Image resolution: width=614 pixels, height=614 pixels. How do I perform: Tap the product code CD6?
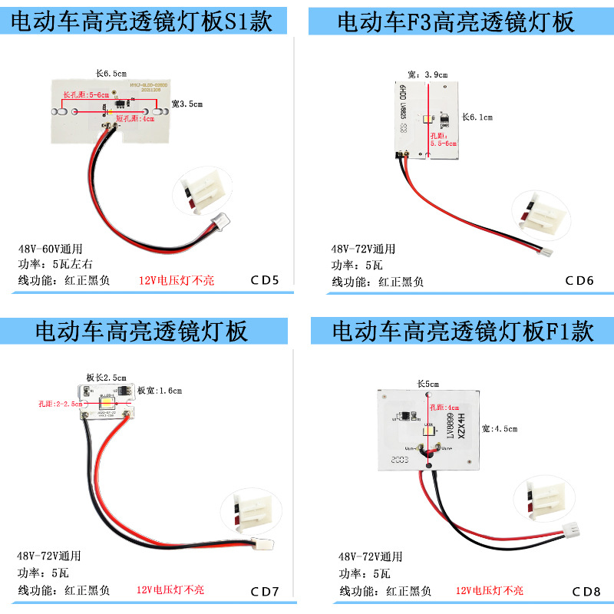(579, 280)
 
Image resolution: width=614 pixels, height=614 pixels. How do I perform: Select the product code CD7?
(266, 591)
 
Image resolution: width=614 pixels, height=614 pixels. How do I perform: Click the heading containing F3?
(456, 21)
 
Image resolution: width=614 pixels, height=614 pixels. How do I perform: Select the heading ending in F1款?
(463, 332)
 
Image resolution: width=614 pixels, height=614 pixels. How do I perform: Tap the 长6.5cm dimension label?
(110, 74)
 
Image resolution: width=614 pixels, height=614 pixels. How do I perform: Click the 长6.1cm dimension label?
(477, 117)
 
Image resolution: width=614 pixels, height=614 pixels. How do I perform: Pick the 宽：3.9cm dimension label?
(427, 74)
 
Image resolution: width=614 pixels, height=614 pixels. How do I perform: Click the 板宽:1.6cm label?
(160, 391)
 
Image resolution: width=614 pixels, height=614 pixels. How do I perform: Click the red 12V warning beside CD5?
(177, 281)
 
